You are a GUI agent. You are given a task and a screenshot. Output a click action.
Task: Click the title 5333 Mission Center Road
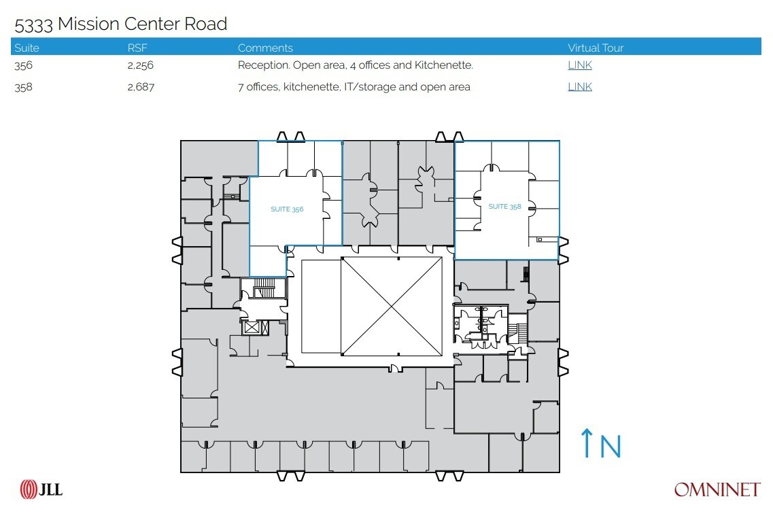pos(120,24)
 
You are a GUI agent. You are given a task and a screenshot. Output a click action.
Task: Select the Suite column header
pos(27,48)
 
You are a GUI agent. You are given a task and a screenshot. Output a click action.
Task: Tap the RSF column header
pos(137,48)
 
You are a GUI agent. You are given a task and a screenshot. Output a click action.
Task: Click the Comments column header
pos(265,48)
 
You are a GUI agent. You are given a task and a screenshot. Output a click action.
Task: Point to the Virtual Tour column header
pos(596,48)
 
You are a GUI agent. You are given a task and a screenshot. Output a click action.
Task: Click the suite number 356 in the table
pos(23,65)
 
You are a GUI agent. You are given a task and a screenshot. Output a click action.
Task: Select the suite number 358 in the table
pos(23,86)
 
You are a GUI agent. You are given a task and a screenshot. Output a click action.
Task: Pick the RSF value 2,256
pos(141,65)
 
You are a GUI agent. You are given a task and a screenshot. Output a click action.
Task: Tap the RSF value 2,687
pos(141,86)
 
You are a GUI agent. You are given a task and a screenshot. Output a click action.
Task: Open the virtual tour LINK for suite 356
pos(579,65)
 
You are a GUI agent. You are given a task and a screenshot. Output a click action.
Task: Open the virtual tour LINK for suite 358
pos(579,86)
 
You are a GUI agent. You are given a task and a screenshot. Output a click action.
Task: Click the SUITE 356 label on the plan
pos(287,209)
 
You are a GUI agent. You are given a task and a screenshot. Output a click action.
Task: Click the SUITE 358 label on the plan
pos(504,207)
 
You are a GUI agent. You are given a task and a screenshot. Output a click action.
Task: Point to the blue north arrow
pos(586,443)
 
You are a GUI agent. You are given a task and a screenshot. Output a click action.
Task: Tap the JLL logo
pos(41,489)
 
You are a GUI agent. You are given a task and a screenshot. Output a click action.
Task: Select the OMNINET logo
pos(717,489)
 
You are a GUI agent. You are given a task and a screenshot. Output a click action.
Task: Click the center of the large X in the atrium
pos(391,306)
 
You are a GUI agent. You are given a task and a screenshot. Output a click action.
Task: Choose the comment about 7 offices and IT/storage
pos(354,86)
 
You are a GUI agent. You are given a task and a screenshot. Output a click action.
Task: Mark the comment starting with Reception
pos(355,65)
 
